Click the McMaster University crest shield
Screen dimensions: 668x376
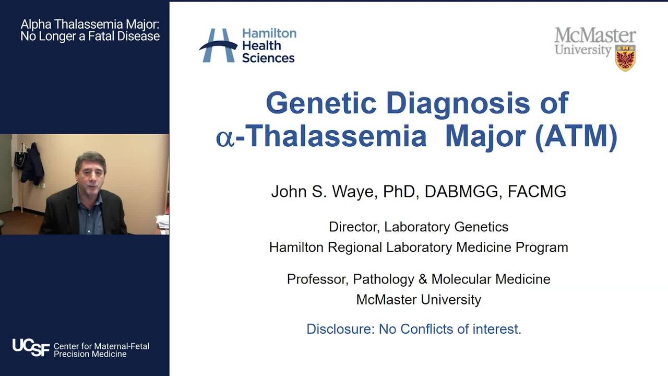tap(625, 58)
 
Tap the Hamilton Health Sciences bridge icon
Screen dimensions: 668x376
tap(219, 45)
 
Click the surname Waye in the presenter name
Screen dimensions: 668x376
tap(355, 192)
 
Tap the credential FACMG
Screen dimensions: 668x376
tap(537, 192)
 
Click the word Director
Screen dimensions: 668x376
tap(354, 227)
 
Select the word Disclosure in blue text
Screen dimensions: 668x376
tap(340, 329)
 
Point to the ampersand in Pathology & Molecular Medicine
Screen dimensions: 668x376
tap(423, 279)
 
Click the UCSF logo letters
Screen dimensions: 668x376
tap(31, 347)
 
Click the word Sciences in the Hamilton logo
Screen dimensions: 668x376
tap(268, 58)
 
